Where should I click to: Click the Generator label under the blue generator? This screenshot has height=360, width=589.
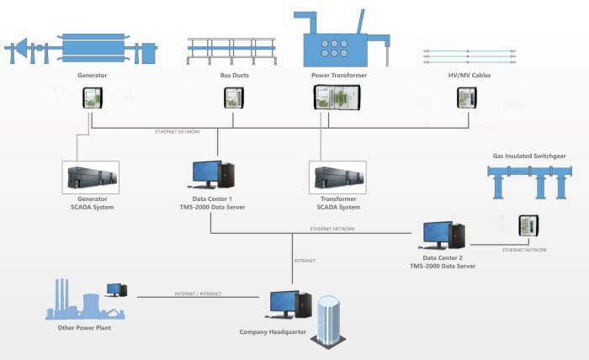[92, 76]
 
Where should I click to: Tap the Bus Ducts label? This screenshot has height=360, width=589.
[229, 76]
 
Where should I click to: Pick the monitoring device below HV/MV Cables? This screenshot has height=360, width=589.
[467, 99]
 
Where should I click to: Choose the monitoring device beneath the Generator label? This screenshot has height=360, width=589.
[91, 99]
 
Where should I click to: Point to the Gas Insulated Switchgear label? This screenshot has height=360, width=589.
[528, 156]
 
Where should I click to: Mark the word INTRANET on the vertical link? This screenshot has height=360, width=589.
[304, 261]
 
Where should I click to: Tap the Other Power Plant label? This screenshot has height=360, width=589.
[86, 328]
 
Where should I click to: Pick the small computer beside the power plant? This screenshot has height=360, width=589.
[117, 290]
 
